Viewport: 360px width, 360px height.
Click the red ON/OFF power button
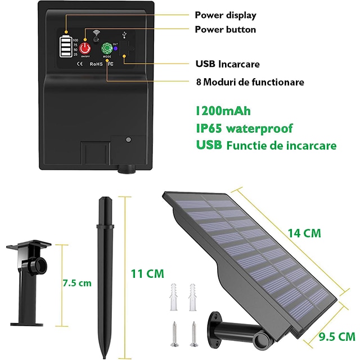pyautogui.click(x=85, y=48)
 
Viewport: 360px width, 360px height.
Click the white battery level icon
pyautogui.click(x=66, y=47)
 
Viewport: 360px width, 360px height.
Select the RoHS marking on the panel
pyautogui.click(x=97, y=64)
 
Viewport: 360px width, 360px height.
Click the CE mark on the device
pyautogui.click(x=80, y=64)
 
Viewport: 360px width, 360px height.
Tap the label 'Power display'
pyautogui.click(x=225, y=15)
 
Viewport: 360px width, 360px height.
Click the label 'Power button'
pyautogui.click(x=225, y=29)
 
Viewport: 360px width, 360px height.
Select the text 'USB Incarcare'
pyautogui.click(x=227, y=64)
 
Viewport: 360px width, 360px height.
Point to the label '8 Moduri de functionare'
pyautogui.click(x=249, y=82)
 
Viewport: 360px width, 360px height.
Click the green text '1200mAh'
pyautogui.click(x=223, y=111)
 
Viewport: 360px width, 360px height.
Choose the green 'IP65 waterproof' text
pyautogui.click(x=244, y=128)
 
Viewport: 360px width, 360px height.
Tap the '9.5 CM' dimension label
pyautogui.click(x=337, y=337)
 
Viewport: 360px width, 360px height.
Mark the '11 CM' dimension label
pyautogui.click(x=147, y=274)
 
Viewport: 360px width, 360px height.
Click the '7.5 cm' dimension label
pyautogui.click(x=76, y=283)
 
